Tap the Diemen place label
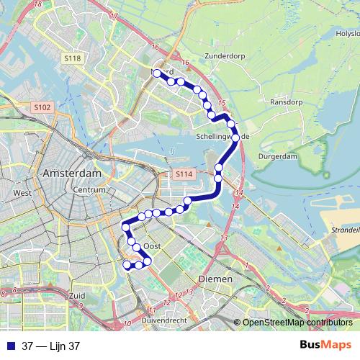click(x=215, y=279)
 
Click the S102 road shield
click(x=42, y=107)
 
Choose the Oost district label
click(x=150, y=246)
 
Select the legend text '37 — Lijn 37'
click(x=50, y=346)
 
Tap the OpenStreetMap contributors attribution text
click(x=297, y=323)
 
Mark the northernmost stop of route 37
click(x=156, y=73)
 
